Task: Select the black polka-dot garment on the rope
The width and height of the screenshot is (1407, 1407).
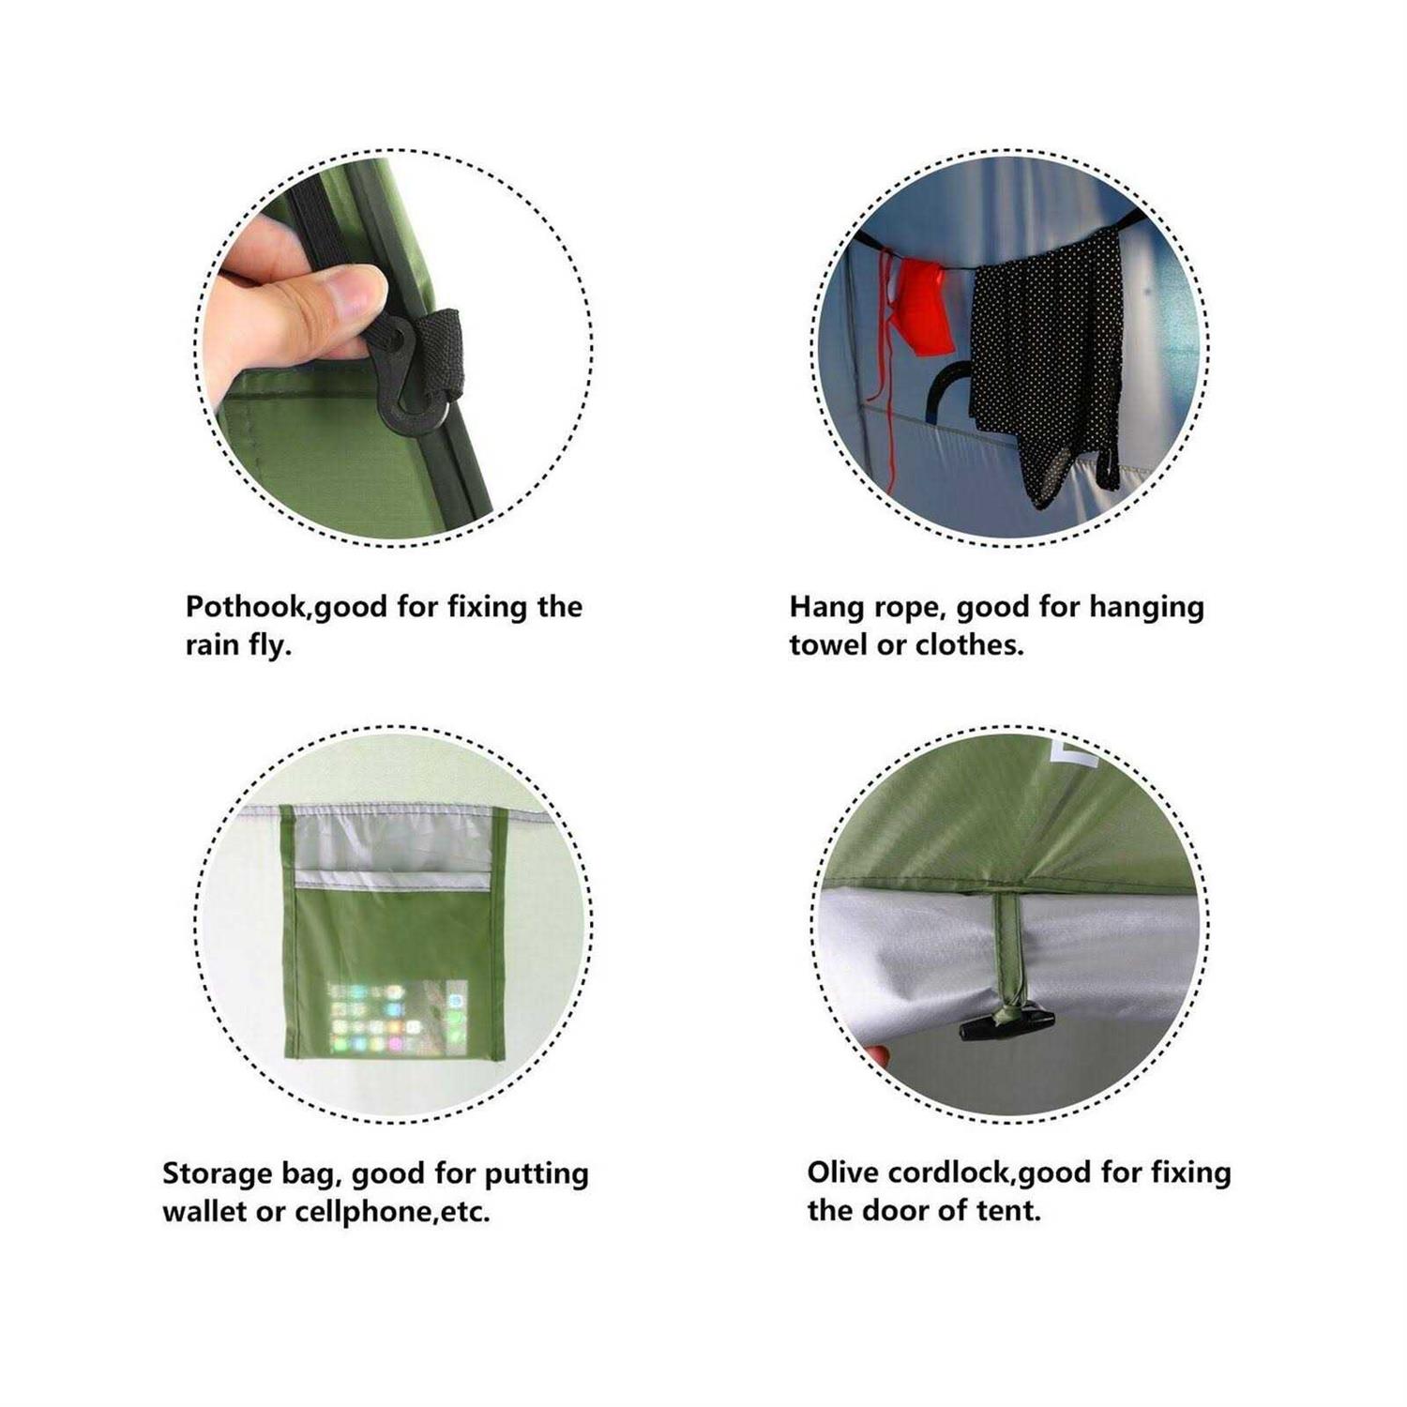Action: pyautogui.click(x=1046, y=361)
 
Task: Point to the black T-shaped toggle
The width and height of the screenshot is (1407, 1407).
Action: pyautogui.click(x=1006, y=1024)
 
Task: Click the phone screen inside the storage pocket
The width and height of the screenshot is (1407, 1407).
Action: pyautogui.click(x=397, y=1017)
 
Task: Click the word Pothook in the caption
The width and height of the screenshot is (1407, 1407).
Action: pyautogui.click(x=246, y=607)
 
